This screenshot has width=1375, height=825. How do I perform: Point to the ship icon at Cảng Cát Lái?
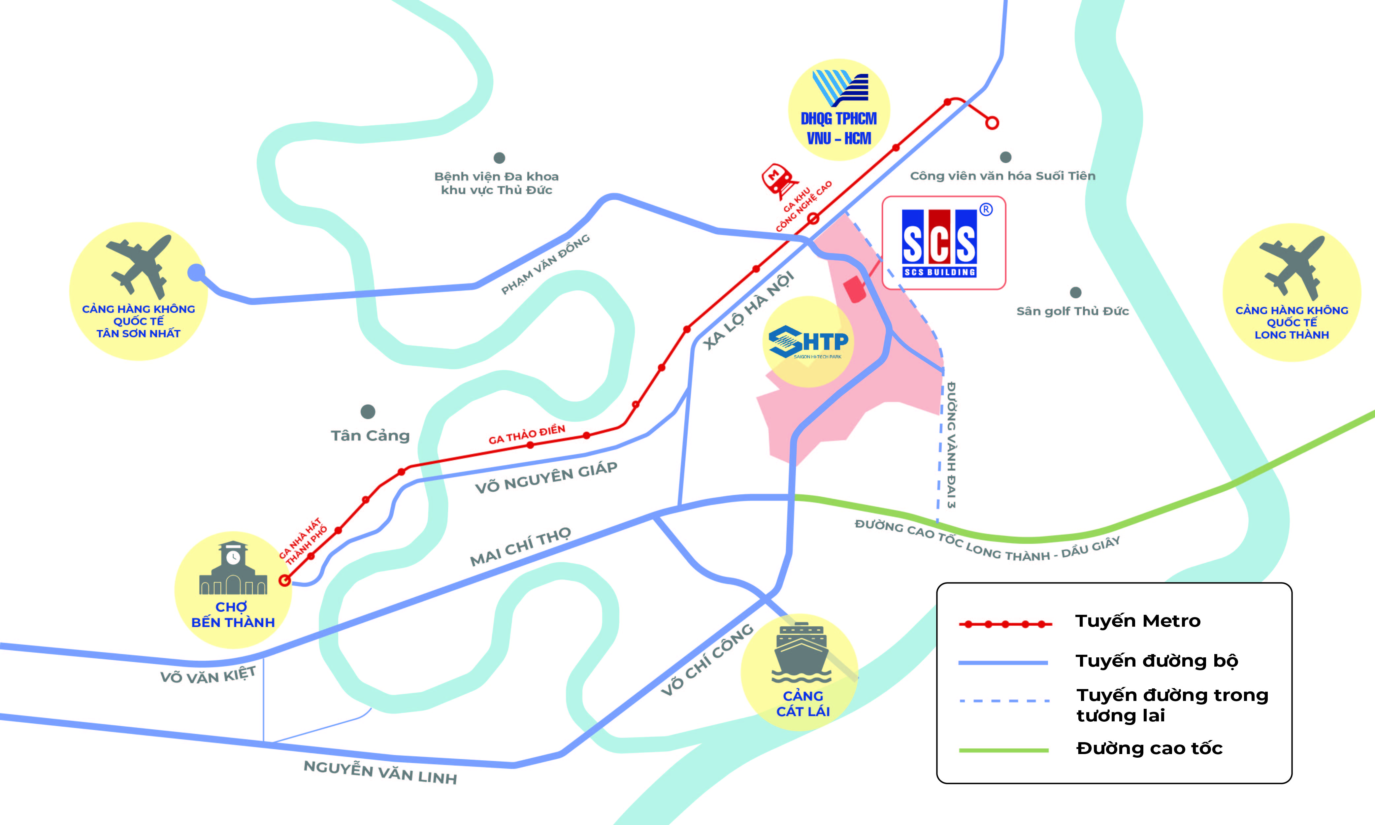801,653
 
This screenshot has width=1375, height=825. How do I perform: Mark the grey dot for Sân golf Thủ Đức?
1075,292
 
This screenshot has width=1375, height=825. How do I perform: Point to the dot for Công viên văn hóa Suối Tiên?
1005,157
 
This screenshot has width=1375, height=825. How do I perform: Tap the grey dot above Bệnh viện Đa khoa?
499,158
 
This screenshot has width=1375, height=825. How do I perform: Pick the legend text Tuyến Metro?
1138,621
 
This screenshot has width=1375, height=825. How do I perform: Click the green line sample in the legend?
1003,750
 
